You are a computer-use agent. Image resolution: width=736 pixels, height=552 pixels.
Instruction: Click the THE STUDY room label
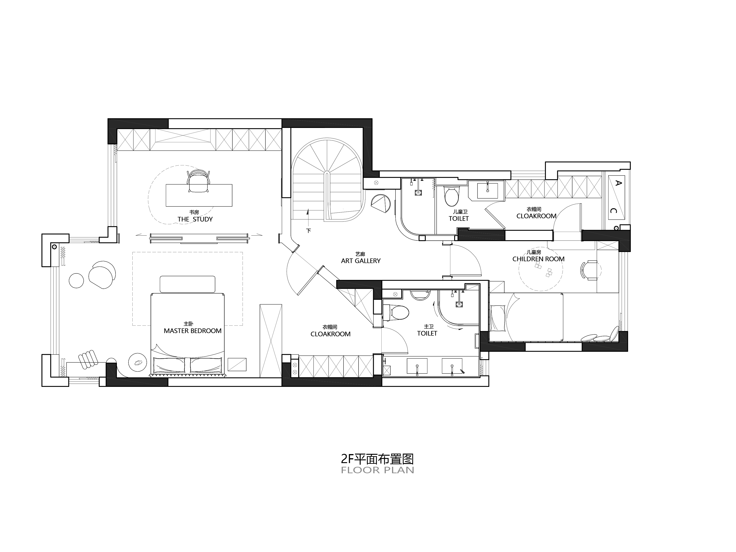pyautogui.click(x=195, y=219)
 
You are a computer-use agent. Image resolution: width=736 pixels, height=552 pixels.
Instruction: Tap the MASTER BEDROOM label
pyautogui.click(x=193, y=331)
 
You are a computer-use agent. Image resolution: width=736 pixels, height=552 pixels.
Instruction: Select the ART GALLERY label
pyautogui.click(x=361, y=261)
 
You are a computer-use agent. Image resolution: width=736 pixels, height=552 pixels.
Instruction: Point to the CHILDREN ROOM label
pyautogui.click(x=538, y=259)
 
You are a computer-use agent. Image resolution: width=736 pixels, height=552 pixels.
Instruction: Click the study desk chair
pyautogui.click(x=199, y=181)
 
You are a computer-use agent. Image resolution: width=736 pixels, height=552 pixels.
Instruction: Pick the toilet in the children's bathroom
pyautogui.click(x=452, y=197)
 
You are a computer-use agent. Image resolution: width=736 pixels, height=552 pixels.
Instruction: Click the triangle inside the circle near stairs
pyautogui.click(x=380, y=204)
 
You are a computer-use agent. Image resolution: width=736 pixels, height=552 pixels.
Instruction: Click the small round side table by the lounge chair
pyautogui.click(x=76, y=280)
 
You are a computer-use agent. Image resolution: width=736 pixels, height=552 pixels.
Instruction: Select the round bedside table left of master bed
pyautogui.click(x=137, y=362)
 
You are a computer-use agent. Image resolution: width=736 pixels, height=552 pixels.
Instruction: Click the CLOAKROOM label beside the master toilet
pyautogui.click(x=330, y=334)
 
